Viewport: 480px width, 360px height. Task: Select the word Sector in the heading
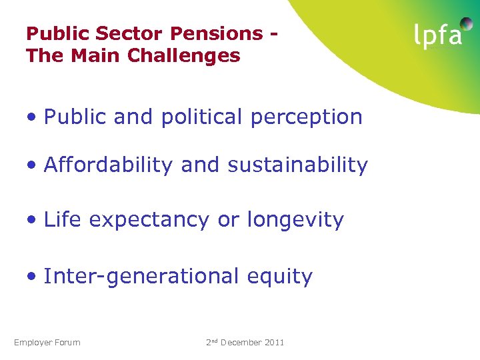pos(138,33)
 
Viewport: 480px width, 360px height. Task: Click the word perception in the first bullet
pos(307,117)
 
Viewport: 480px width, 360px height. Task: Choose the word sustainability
pos(297,165)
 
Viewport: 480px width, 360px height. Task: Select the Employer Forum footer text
pos(47,343)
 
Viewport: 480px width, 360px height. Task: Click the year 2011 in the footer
pos(273,343)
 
